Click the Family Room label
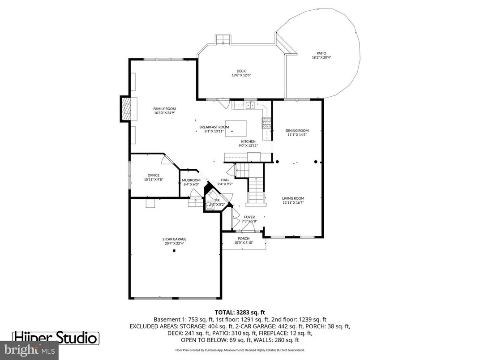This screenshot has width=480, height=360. coord(164,109)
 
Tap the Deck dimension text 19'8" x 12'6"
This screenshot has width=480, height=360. coord(241,75)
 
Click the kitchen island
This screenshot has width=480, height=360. coord(236,129)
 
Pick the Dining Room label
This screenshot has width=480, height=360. coord(297,131)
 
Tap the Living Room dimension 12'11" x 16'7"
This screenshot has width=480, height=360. coord(293,202)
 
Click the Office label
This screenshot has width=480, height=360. coord(154,175)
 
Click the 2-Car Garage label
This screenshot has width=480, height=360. coord(174,239)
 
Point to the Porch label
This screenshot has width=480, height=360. coord(244,238)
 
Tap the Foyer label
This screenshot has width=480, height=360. coord(249,217)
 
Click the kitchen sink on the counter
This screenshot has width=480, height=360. coord(249,105)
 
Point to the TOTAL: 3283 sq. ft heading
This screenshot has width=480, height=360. coord(240,312)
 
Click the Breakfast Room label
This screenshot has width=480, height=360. coord(214,127)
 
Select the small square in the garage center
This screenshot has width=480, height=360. coord(174,251)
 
